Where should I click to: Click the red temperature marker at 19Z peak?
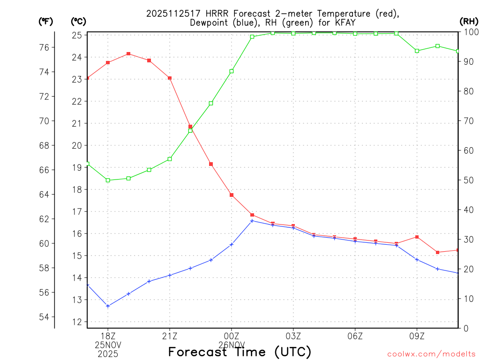tap(128, 54)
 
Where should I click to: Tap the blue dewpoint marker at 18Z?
tap(108, 306)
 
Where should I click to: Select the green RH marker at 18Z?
tap(108, 180)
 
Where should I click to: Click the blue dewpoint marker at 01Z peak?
tap(252, 221)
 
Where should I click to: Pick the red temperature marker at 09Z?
tap(417, 237)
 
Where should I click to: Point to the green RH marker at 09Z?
tap(417, 51)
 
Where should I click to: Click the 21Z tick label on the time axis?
tap(170, 336)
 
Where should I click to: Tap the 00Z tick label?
tap(232, 336)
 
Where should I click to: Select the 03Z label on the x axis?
tap(293, 336)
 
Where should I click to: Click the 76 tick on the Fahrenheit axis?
tap(44, 47)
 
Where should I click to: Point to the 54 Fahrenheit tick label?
tap(44, 317)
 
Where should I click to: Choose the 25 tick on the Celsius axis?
tap(77, 35)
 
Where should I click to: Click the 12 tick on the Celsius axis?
tap(77, 322)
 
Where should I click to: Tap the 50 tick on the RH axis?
tap(467, 180)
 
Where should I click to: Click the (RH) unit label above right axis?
tap(469, 21)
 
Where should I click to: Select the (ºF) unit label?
tap(46, 21)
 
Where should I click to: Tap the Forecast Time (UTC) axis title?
tap(240, 352)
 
